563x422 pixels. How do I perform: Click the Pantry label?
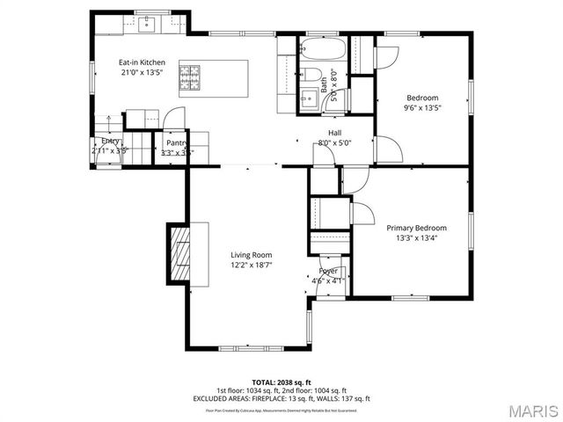pyautogui.click(x=178, y=142)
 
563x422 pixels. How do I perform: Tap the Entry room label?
pyautogui.click(x=110, y=141)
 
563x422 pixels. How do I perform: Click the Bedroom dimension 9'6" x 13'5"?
pyautogui.click(x=422, y=108)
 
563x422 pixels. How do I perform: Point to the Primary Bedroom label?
pyautogui.click(x=416, y=228)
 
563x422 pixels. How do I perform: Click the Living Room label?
pyautogui.click(x=251, y=254)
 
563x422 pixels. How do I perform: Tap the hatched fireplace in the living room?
pyautogui.click(x=180, y=254)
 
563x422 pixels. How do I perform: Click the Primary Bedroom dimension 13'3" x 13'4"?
pyautogui.click(x=416, y=237)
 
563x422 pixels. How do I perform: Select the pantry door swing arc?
pyautogui.click(x=175, y=116)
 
